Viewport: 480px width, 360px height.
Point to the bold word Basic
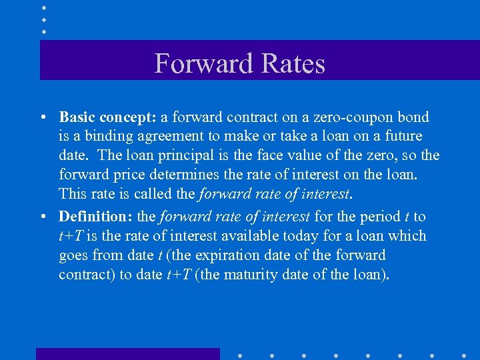pos(77,117)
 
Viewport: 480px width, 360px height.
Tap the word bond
pos(413,117)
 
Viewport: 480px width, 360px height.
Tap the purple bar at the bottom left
pos(127,353)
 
